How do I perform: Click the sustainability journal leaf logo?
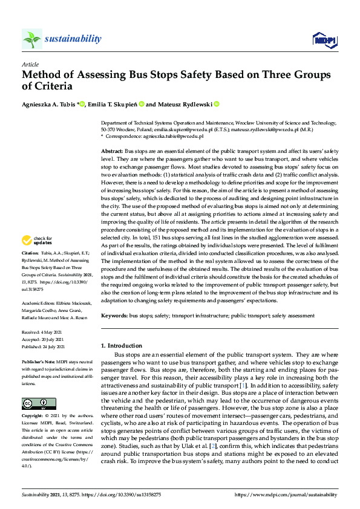point(32,39)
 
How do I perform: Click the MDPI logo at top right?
point(324,40)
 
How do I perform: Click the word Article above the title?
point(30,63)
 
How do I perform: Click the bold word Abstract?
point(112,150)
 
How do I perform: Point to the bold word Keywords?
point(115,316)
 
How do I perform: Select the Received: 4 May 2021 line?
point(42,332)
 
